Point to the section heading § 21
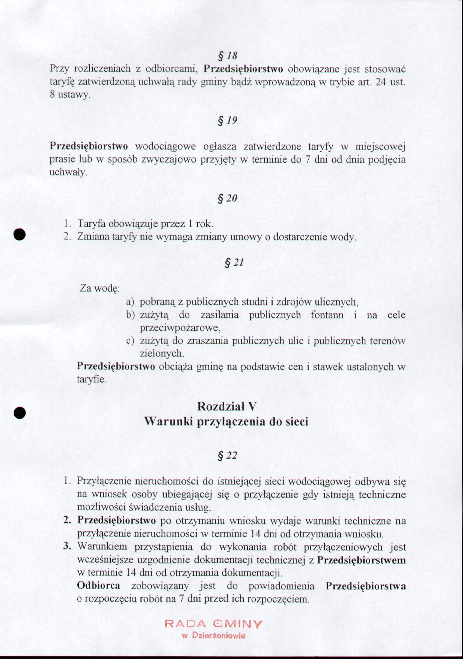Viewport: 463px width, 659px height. click(234, 262)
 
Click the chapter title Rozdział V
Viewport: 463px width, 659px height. click(226, 406)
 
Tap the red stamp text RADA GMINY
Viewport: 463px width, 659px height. click(213, 624)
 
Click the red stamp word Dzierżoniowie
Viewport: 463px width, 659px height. click(219, 636)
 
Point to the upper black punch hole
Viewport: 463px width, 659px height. click(19, 234)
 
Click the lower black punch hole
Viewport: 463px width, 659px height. click(19, 412)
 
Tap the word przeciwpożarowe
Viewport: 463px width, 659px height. click(179, 328)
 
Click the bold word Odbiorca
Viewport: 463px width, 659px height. click(98, 585)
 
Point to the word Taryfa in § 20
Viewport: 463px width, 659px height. click(92, 224)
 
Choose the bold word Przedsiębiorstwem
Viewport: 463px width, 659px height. click(361, 560)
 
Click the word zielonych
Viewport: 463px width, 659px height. click(161, 353)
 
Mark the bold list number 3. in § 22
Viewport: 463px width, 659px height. click(67, 546)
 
